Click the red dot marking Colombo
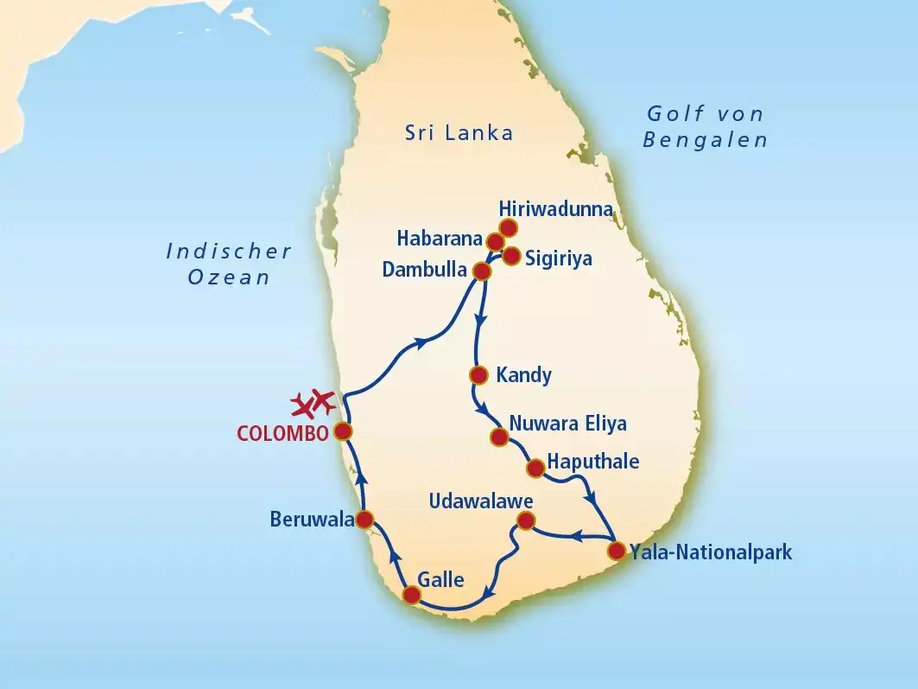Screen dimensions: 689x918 [x=343, y=431]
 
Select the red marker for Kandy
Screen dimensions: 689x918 [x=478, y=375]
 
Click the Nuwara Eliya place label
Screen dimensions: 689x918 [x=567, y=424]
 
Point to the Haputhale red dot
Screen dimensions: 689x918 [x=535, y=469]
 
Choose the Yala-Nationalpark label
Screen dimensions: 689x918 [x=711, y=552]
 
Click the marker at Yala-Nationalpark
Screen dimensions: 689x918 [x=616, y=551]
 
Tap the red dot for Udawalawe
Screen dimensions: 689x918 [x=524, y=520]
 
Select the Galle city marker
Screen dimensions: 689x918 [x=412, y=595]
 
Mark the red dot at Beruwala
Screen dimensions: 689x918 [x=364, y=520]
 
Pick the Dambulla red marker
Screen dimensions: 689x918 [x=482, y=271]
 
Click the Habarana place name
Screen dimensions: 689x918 [x=440, y=238]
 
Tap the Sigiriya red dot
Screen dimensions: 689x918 [x=511, y=256]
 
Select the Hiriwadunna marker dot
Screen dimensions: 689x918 [x=508, y=227]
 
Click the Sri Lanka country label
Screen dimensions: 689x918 [x=459, y=133]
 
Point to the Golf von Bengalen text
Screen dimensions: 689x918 [x=705, y=126]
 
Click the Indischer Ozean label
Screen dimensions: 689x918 [x=229, y=264]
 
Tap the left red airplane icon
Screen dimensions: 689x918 [x=302, y=405]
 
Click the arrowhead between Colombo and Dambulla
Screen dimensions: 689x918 [x=421, y=342]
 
